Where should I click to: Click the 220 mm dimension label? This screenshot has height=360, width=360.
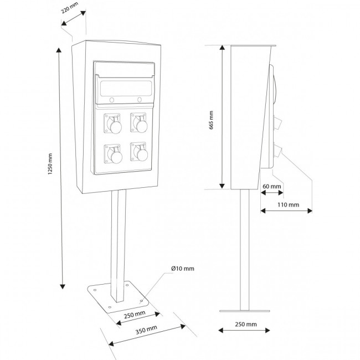pos(70,8)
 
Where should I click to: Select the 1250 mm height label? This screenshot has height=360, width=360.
pos(50,164)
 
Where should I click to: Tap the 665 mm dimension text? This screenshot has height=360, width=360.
pos(211,120)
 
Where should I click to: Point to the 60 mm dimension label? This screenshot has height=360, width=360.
pos(272,186)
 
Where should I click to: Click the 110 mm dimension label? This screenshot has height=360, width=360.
pos(289,204)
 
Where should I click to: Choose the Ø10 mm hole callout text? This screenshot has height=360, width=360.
pos(183,269)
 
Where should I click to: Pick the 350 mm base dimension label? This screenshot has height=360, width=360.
pos(146,330)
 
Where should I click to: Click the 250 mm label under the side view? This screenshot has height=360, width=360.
pos(246,324)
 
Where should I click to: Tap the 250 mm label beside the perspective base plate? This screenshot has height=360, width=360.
pos(135,315)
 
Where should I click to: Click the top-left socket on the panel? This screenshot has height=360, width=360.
pos(113,124)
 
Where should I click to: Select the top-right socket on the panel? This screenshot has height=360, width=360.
pos(139,123)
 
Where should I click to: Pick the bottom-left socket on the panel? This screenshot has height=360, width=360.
pos(114,154)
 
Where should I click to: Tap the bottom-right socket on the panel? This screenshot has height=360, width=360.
pos(139,152)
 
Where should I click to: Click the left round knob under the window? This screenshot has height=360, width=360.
pos(112,100)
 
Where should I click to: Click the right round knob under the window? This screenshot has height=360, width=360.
pos(140,99)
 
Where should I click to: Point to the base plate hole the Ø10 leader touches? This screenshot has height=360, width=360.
pos(141,300)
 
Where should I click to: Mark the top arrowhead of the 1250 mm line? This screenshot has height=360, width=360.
pos(59,50)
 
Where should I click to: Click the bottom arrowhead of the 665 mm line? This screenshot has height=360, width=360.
pos(222,186)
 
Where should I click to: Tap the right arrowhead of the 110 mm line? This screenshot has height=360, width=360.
pos(310,210)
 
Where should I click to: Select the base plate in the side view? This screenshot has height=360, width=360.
pos(245,311)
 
